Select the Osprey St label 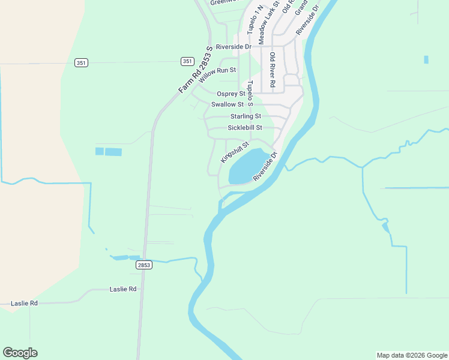coord(231,94)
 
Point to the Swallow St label coord(227,104)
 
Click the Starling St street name coord(246,116)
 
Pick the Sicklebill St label coord(245,128)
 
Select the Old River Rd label coord(272,71)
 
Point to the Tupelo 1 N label coord(251,20)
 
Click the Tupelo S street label coord(251,94)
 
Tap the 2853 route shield coord(144,265)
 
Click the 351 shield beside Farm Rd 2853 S coord(187,61)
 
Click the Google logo coord(20,353)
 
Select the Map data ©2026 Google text coord(412,355)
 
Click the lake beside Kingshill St coord(249,166)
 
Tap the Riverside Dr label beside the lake coord(265,167)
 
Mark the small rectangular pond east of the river coord(426,59)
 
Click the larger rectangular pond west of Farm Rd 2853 coord(113,152)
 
